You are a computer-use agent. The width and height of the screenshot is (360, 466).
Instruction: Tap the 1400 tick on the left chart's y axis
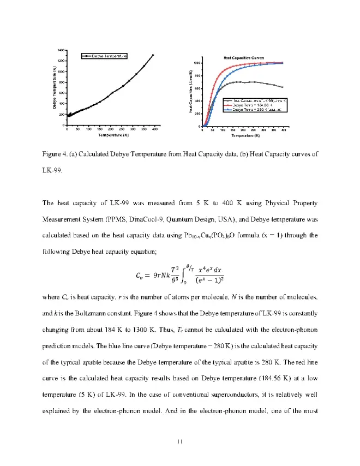click(62, 50)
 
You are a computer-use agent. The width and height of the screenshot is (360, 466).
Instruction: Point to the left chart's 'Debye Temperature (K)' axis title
click(55, 87)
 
